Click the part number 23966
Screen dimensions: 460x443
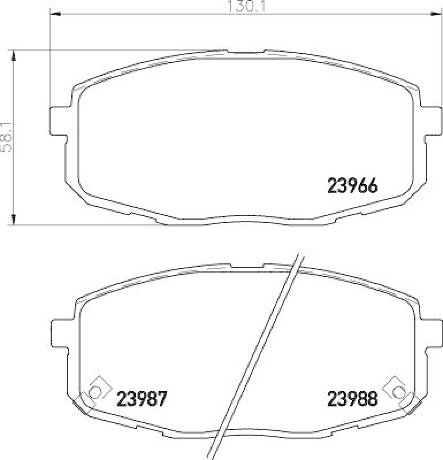[x=352, y=186]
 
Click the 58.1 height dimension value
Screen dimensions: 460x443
[x=6, y=136]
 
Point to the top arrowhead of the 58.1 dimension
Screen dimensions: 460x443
[x=13, y=54]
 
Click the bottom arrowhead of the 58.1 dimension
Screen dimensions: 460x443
[x=13, y=221]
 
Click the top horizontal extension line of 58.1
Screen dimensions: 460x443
[x=115, y=50]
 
